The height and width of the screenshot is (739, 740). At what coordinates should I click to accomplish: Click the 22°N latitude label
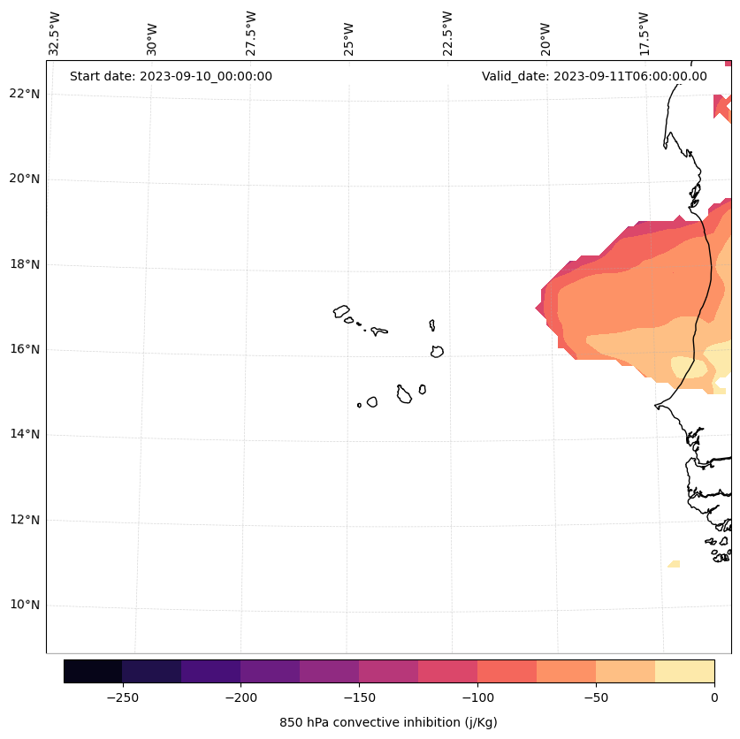[23, 94]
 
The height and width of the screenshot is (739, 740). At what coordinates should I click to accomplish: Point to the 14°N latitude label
[23, 434]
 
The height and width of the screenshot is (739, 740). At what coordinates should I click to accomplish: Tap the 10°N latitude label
[23, 605]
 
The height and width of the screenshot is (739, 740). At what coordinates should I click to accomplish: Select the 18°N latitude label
[23, 263]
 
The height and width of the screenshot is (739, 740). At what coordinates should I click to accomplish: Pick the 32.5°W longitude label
[55, 34]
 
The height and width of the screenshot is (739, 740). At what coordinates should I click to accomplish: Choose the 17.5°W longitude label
[644, 34]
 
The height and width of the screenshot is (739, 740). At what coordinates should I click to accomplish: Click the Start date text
[171, 76]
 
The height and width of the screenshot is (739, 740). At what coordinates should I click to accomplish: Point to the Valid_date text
[594, 76]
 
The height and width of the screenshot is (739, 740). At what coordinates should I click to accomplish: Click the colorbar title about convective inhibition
[388, 722]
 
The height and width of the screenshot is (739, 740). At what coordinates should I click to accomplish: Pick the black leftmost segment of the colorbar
[93, 671]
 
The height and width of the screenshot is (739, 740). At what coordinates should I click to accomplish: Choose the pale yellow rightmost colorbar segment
[684, 671]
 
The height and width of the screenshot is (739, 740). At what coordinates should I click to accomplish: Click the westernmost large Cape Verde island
[341, 310]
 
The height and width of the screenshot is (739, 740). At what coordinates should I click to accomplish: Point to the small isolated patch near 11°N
[675, 563]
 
